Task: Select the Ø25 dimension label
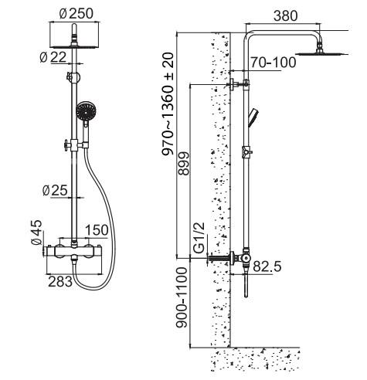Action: point(55,190)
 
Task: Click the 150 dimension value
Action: point(97,231)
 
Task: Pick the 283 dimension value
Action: point(59,283)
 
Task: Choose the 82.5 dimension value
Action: point(268,266)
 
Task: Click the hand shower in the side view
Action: point(253,118)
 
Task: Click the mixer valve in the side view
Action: point(242,259)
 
